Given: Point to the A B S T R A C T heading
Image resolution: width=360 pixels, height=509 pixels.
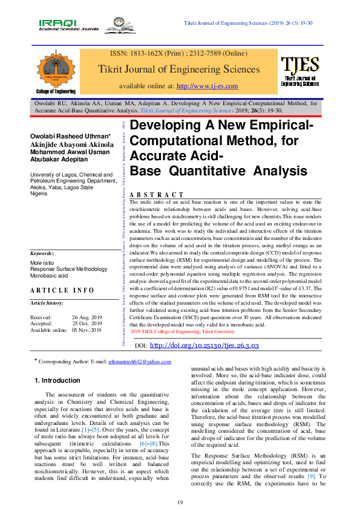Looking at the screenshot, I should click(157, 195).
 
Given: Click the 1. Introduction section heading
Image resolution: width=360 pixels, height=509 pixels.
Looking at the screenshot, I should click(56, 380).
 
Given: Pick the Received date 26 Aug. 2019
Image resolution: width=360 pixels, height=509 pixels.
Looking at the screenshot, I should click(87, 317).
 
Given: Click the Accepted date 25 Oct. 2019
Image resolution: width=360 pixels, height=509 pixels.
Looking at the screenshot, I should click(88, 323).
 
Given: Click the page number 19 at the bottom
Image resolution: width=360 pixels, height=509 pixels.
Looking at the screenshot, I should click(180, 486).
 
